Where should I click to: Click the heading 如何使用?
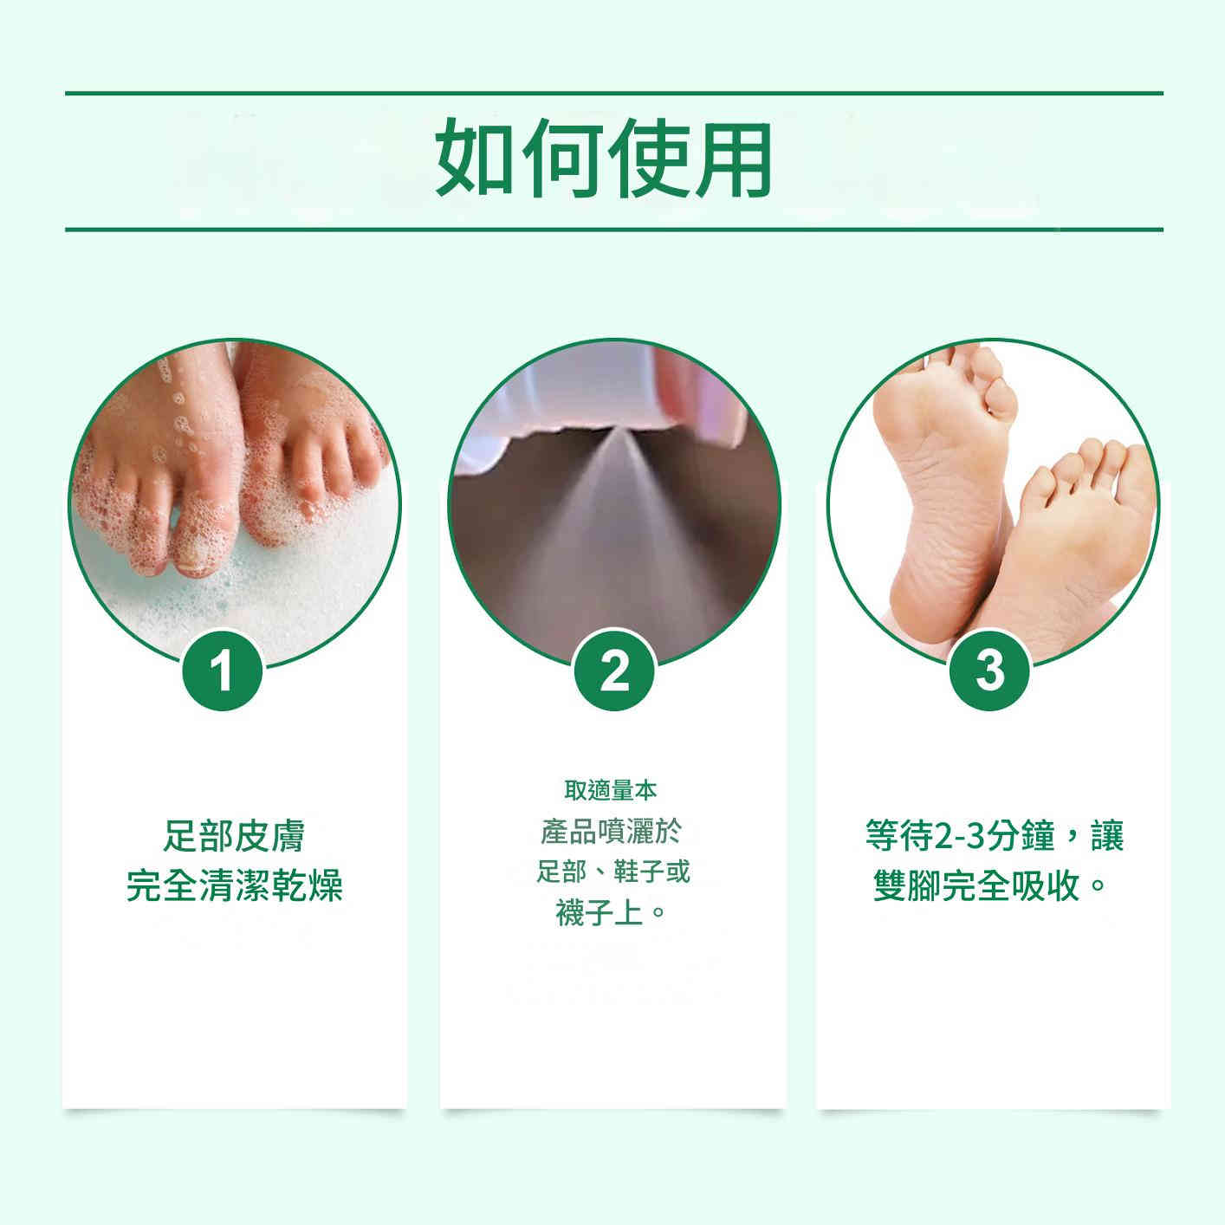click(x=604, y=159)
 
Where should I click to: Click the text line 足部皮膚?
click(x=234, y=838)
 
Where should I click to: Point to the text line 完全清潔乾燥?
click(x=234, y=885)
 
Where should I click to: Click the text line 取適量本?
click(x=611, y=790)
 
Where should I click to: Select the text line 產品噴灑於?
click(x=611, y=831)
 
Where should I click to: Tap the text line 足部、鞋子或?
click(x=612, y=871)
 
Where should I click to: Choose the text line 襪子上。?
click(x=611, y=912)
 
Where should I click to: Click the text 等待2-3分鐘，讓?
click(x=994, y=838)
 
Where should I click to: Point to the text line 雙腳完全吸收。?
click(x=991, y=885)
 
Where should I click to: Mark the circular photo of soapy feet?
click(x=234, y=502)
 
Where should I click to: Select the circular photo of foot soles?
click(x=993, y=502)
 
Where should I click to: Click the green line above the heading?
click(x=613, y=93)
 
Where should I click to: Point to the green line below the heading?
click(x=613, y=230)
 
